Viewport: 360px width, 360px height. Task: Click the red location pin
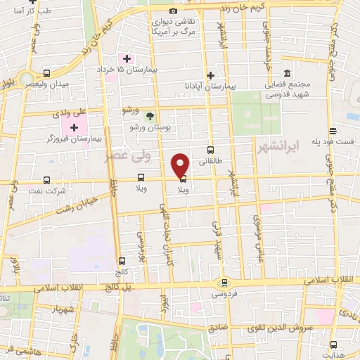coord(181,165)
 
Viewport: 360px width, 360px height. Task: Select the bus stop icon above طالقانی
coord(210,150)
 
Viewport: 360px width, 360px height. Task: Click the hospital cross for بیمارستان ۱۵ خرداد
coord(127,58)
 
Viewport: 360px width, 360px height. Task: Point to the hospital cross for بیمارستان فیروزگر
coord(74,127)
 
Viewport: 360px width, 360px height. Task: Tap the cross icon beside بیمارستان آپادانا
coord(210,75)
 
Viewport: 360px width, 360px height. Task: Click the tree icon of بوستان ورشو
coord(149,115)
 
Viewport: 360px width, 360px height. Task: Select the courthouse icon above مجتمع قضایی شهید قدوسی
coord(287,74)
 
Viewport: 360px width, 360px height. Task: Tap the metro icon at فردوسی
coord(224,282)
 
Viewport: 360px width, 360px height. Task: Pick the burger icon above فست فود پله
coord(334,131)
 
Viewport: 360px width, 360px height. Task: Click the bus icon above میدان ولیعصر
coord(46,73)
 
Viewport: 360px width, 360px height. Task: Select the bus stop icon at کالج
coord(122,261)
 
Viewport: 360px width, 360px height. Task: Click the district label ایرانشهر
coord(314,146)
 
